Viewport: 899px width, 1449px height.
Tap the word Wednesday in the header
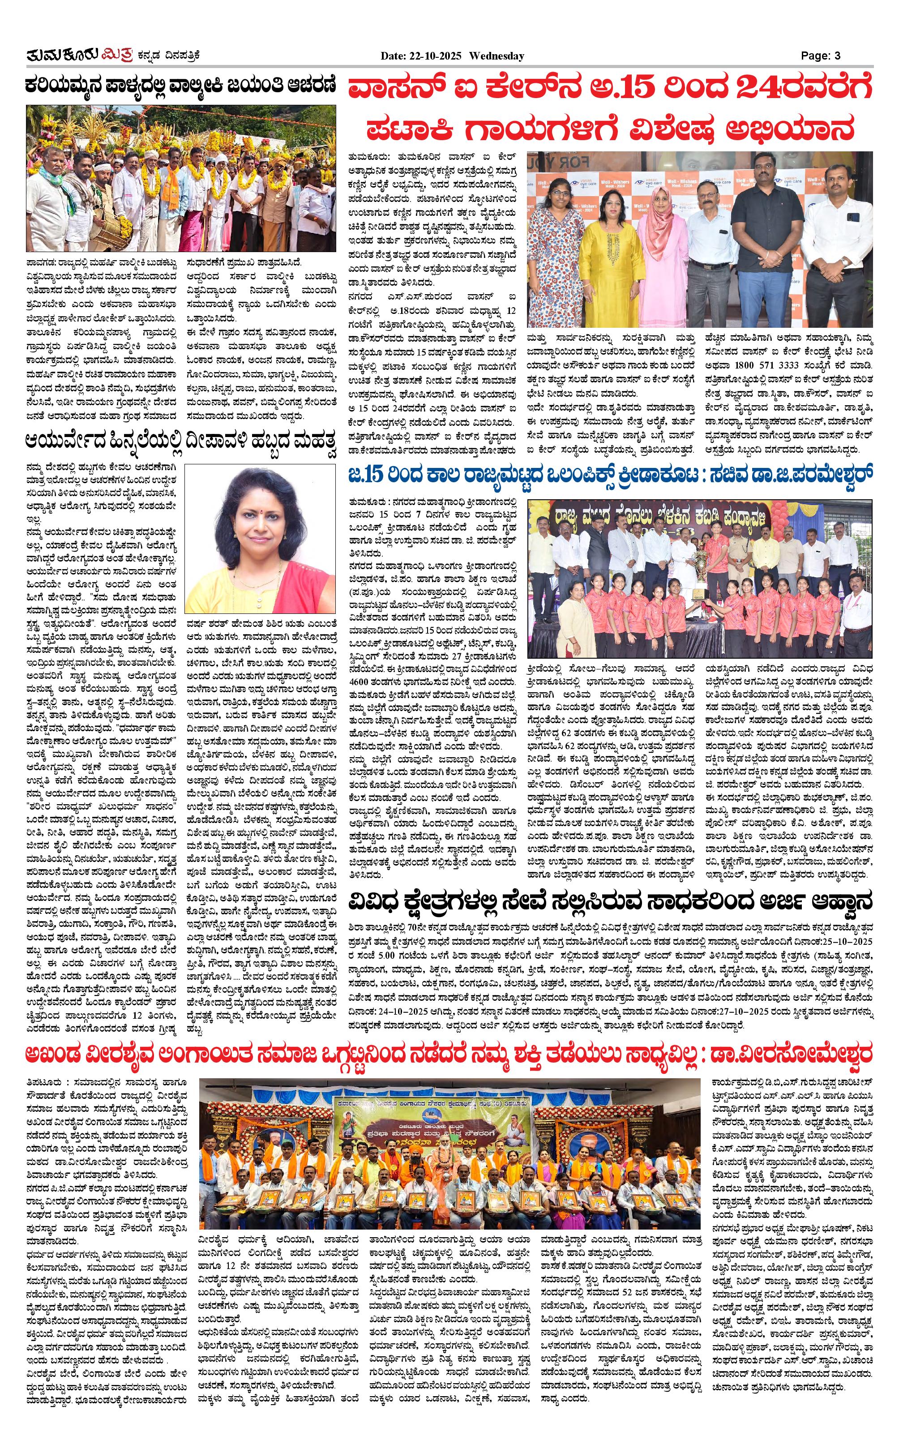click(x=497, y=56)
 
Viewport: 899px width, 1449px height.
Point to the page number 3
click(x=837, y=56)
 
